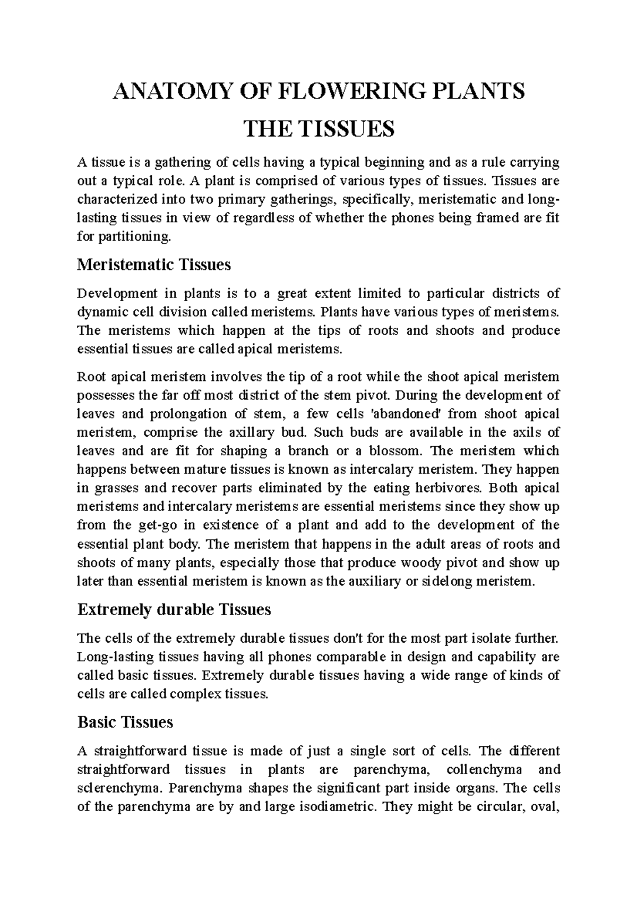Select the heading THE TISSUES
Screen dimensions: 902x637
point(318,129)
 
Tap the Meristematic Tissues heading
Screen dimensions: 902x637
point(154,265)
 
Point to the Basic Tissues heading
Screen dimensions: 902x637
point(125,722)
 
